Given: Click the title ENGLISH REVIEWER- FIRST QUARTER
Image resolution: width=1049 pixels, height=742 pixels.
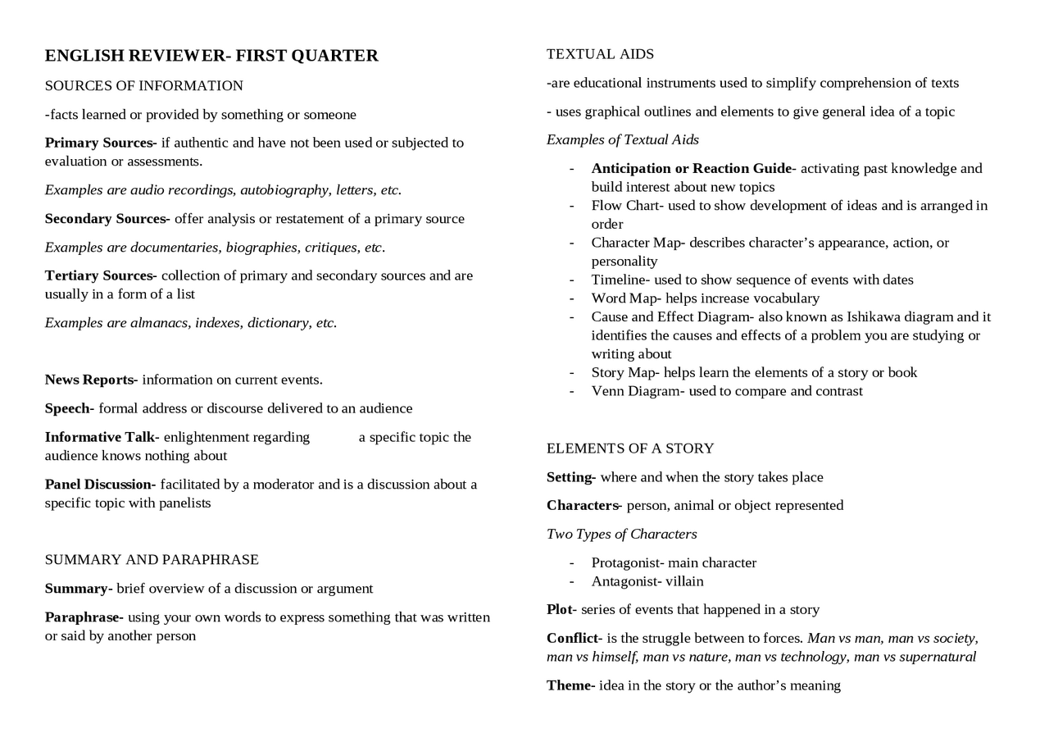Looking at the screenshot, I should [x=211, y=56].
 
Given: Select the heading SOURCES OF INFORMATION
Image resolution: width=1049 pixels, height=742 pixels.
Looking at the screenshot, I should [x=144, y=86].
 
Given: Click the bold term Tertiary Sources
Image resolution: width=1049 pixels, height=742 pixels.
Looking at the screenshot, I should [x=99, y=275].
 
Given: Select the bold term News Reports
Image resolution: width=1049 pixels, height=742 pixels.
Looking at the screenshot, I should [x=89, y=380].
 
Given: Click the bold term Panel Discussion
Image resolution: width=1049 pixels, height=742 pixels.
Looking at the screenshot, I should [x=99, y=485].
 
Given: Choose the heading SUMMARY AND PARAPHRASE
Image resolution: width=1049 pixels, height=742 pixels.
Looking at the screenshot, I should [x=152, y=560].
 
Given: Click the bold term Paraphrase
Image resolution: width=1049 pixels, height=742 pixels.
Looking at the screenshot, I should [x=83, y=617].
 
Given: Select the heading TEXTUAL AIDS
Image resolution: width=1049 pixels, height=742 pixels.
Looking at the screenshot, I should [x=601, y=54].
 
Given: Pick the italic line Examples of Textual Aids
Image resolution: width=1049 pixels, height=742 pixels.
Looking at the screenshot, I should [x=623, y=140].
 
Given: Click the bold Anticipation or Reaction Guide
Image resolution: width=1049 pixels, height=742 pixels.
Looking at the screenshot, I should [x=691, y=169].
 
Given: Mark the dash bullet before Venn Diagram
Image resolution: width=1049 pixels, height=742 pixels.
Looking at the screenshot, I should [x=571, y=392].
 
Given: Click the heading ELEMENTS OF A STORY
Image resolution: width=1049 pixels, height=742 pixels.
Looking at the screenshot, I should [x=630, y=448].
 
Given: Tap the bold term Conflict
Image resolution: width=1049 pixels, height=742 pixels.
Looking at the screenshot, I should [x=572, y=639].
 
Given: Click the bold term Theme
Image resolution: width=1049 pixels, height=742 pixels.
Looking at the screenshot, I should [x=569, y=685].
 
